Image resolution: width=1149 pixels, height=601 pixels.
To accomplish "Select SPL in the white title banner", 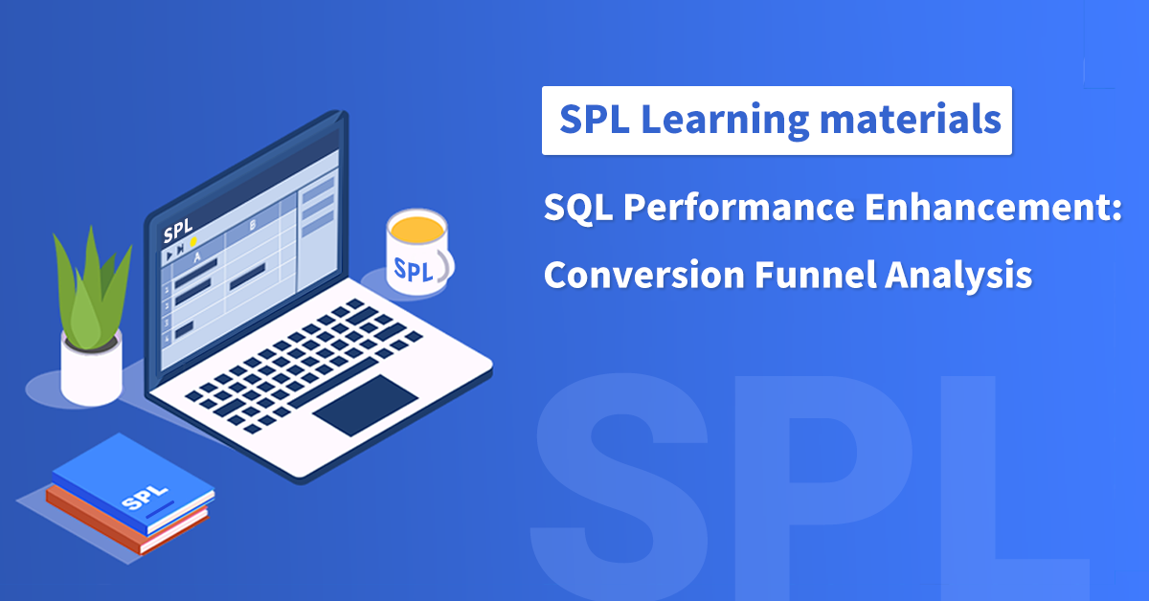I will click(594, 120).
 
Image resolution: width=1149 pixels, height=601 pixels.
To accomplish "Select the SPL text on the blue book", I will click(140, 499).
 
